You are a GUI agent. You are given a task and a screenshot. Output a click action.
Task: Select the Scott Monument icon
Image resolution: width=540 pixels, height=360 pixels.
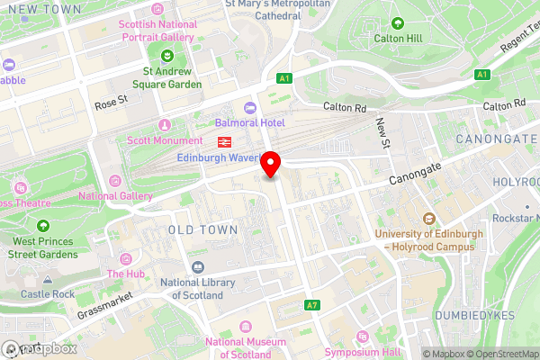pyautogui.click(x=164, y=125)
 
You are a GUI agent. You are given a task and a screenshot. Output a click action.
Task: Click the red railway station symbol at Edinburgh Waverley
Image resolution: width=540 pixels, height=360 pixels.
pyautogui.click(x=223, y=141)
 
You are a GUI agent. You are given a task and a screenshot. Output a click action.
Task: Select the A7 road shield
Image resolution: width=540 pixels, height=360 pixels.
pyautogui.click(x=311, y=306)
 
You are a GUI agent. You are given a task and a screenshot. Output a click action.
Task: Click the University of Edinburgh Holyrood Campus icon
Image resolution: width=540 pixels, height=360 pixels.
pyautogui.click(x=429, y=219)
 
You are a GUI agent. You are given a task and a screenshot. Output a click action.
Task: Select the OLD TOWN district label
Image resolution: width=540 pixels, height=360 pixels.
pyautogui.click(x=204, y=230)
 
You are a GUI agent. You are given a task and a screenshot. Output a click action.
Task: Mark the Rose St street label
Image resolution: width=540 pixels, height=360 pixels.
pyautogui.click(x=112, y=105)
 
